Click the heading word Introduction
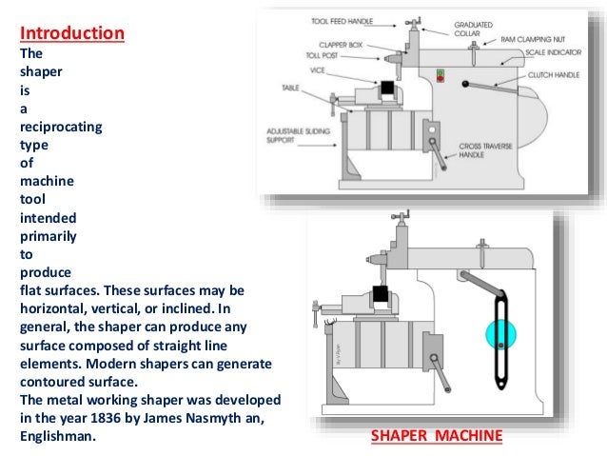click(x=72, y=34)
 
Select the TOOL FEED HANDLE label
click(x=343, y=20)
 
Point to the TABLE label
click(x=290, y=87)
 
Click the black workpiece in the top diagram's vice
click(x=388, y=89)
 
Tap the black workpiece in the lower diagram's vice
click(x=382, y=294)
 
